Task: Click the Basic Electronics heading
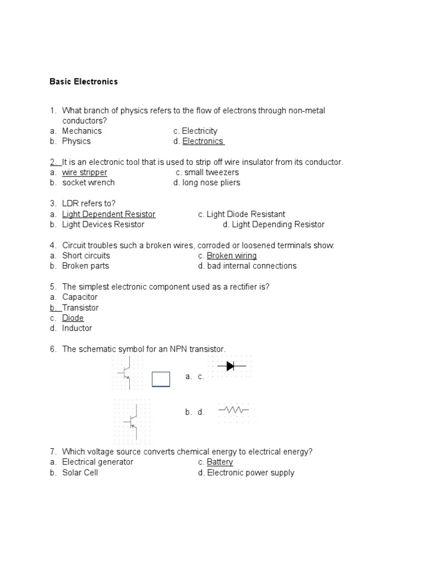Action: (x=83, y=82)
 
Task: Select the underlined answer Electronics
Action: (x=203, y=141)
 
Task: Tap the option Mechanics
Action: (x=82, y=131)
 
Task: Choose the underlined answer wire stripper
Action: (x=84, y=173)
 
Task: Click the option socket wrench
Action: (x=88, y=182)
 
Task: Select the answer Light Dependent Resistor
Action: (x=109, y=214)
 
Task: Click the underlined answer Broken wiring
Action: (x=231, y=256)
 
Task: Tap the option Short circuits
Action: (x=86, y=256)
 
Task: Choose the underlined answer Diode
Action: (x=73, y=318)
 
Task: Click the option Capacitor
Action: (x=79, y=297)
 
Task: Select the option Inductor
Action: (x=77, y=328)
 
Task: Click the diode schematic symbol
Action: (x=230, y=366)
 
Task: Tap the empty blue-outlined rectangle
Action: (x=161, y=379)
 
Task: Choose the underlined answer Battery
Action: (x=220, y=462)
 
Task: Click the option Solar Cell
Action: (x=80, y=472)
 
